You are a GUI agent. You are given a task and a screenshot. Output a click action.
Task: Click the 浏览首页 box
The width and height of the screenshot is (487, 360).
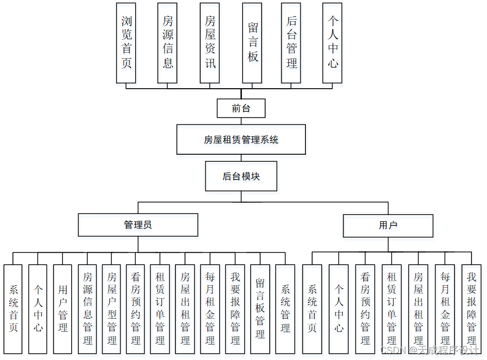(126, 43)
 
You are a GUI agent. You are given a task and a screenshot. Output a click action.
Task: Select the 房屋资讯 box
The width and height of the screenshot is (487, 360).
(210, 43)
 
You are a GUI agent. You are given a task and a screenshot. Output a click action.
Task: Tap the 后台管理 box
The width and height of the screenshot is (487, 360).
(291, 43)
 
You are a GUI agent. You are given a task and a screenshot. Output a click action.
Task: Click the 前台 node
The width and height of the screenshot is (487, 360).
(241, 109)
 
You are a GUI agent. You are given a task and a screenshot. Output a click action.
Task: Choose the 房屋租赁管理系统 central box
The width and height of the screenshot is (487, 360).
(241, 139)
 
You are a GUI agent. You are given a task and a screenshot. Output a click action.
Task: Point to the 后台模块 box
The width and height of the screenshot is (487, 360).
(241, 176)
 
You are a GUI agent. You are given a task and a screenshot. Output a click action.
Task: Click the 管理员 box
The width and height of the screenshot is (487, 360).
(138, 225)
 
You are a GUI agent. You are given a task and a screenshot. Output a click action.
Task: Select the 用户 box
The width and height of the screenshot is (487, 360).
(388, 225)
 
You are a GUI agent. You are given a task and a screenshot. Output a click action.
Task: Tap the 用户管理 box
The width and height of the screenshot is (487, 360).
(63, 309)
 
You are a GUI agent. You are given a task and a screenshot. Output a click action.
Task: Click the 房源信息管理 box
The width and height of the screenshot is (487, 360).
(88, 309)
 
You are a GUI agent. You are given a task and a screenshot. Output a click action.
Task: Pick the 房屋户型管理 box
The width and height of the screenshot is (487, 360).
(112, 309)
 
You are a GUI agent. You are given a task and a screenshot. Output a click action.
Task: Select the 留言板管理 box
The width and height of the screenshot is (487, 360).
(261, 309)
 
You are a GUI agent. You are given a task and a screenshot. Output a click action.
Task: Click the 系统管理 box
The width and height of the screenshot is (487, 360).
(285, 309)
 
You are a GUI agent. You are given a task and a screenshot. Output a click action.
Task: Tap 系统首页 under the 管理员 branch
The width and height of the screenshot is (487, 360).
(13, 309)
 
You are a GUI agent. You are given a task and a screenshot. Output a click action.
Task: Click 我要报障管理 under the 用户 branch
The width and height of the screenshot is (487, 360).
(472, 309)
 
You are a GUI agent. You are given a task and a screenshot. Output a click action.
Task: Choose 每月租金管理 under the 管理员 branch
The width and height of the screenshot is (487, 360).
(210, 309)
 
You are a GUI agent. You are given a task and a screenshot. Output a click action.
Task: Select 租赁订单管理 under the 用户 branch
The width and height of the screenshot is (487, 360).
(392, 309)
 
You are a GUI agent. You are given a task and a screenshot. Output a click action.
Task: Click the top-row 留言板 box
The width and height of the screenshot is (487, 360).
(252, 43)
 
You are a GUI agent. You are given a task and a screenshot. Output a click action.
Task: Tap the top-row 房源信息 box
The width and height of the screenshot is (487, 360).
(168, 43)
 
